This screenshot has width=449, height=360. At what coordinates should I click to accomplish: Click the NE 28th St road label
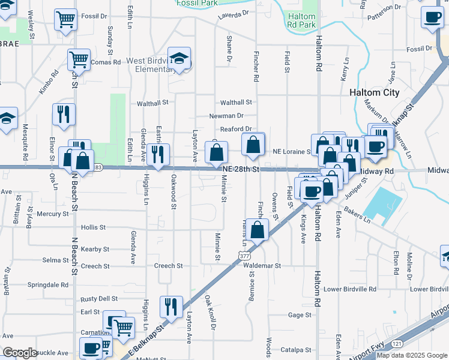click(x=240, y=170)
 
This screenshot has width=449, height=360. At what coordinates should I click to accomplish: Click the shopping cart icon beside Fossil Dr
click(x=65, y=19)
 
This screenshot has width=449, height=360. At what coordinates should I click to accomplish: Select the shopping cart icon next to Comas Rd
click(x=79, y=59)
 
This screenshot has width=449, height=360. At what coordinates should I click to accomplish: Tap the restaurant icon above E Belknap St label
click(x=171, y=306)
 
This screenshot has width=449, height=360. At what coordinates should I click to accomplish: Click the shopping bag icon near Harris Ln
click(x=258, y=229)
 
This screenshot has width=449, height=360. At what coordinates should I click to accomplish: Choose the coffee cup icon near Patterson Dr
click(x=432, y=17)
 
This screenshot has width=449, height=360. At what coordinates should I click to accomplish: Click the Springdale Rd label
click(x=50, y=284)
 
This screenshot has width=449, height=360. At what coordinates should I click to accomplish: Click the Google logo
click(x=20, y=353)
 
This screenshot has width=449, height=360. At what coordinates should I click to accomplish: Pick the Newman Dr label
click(x=226, y=116)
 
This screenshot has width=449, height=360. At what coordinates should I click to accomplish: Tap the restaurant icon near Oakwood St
click(x=157, y=154)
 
